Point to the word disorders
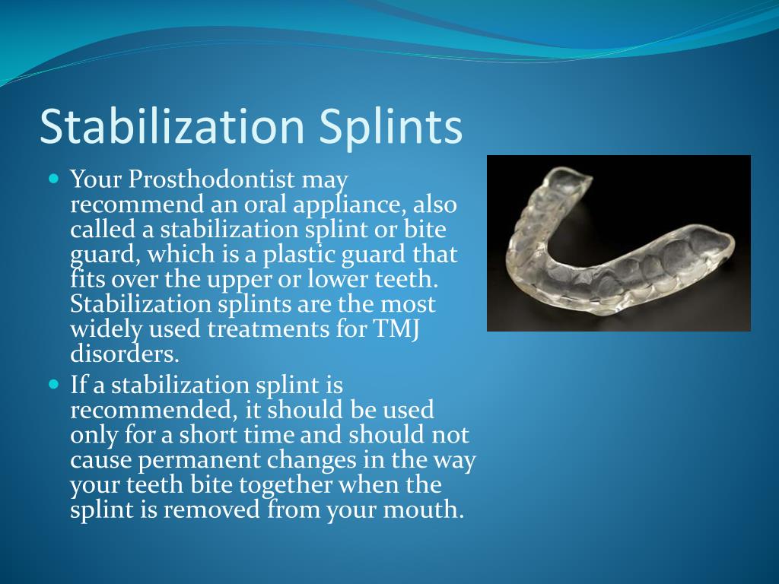click(123, 354)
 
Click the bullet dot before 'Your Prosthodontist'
click(53, 180)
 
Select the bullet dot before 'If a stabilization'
click(53, 385)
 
